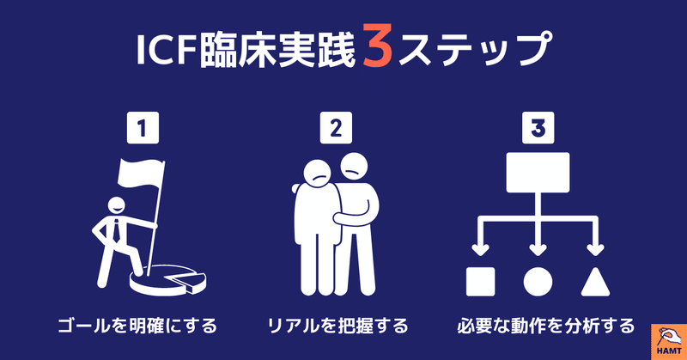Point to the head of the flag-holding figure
coord(117,208)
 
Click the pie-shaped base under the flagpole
coord(171,277)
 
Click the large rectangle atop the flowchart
coord(538,173)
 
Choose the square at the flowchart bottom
coord(478,280)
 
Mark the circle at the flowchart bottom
coord(538,280)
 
